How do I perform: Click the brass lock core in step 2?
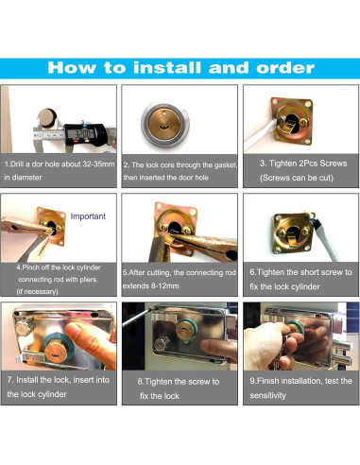(164, 124)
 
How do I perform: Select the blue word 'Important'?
(88, 216)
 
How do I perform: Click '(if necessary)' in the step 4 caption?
(37, 291)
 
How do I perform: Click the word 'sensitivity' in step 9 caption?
(267, 395)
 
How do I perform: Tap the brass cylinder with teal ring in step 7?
(58, 351)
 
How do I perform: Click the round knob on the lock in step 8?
(162, 344)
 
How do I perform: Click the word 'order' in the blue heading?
(285, 68)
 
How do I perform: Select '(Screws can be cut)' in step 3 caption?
(297, 178)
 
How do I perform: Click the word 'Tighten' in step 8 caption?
(161, 382)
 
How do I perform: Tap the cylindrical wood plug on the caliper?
(47, 118)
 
